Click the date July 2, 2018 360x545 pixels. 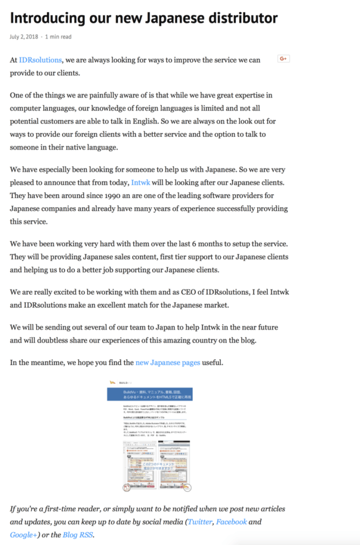[24, 37]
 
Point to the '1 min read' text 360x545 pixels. [59, 37]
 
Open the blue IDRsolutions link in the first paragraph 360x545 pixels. [40, 60]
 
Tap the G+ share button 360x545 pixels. [283, 59]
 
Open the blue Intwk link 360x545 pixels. [141, 183]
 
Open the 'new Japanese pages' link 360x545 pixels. [168, 363]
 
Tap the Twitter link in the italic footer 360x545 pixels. [199, 522]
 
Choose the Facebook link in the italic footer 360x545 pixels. [231, 522]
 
